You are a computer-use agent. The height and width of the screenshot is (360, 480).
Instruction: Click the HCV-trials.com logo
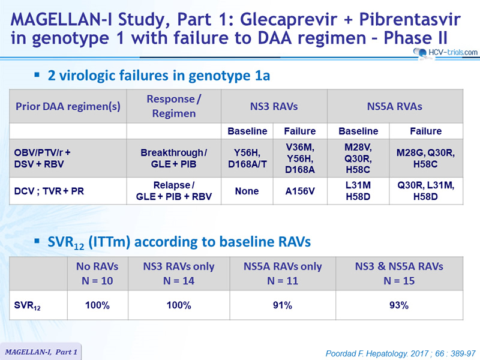(x=445, y=53)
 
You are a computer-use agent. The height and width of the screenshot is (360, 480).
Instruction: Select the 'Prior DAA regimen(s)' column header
(x=68, y=106)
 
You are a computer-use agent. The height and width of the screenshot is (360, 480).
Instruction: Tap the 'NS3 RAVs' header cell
(x=274, y=106)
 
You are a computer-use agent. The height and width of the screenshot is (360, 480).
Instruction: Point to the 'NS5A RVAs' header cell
(x=395, y=106)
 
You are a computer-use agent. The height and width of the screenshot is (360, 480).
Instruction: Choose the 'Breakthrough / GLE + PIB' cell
(x=173, y=158)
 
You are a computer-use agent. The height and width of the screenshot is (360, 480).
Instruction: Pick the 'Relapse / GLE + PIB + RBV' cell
(x=173, y=191)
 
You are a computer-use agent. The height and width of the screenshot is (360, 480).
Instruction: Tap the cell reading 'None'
(x=247, y=191)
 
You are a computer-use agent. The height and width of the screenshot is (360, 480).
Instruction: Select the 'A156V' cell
(x=300, y=191)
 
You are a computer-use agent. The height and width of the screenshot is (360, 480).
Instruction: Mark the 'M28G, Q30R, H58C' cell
(x=425, y=158)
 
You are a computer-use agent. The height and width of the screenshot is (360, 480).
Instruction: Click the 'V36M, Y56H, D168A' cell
(x=300, y=158)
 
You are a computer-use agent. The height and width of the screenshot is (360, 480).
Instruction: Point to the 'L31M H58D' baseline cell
(x=358, y=191)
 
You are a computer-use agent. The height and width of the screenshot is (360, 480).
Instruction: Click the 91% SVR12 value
(x=283, y=305)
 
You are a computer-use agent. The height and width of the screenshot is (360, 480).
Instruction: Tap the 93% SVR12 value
(x=399, y=305)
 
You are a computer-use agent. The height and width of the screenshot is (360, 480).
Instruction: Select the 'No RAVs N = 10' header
(x=97, y=274)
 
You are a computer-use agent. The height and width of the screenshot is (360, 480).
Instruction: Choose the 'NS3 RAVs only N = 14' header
(x=179, y=274)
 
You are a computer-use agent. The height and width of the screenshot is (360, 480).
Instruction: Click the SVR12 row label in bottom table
(x=27, y=306)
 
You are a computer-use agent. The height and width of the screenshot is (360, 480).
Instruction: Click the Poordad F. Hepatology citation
(x=400, y=353)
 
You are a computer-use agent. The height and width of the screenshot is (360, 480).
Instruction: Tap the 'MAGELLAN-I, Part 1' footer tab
(x=41, y=352)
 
